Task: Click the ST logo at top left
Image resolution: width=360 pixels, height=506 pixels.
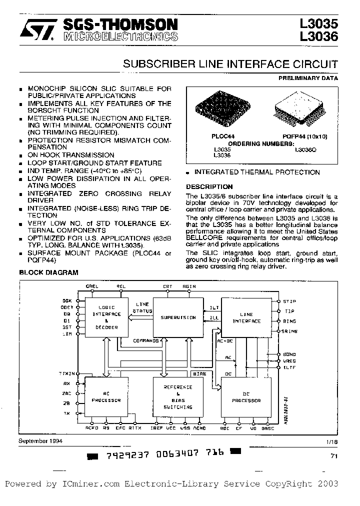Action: coord(36,30)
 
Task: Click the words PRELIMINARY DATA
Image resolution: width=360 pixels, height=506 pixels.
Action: coord(308,78)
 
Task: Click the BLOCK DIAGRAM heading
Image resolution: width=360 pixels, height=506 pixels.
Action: coord(48,272)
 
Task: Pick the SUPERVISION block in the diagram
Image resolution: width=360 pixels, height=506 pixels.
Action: coord(178,317)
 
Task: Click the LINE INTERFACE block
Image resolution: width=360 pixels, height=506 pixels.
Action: coord(246,317)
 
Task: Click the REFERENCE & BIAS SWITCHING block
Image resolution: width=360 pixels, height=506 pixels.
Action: coord(178,397)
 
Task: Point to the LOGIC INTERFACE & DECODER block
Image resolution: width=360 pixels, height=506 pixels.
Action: coord(106,317)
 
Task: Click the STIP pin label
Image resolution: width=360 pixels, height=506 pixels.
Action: coord(289,301)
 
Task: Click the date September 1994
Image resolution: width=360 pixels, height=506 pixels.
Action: coord(39,441)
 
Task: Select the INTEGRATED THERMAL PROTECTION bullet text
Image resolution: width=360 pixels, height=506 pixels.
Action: coord(256,172)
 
